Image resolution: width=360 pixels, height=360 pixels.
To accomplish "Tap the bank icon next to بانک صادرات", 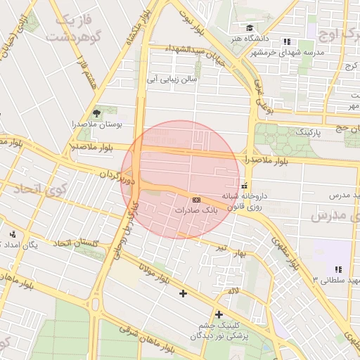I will pyautogui.click(x=195, y=200).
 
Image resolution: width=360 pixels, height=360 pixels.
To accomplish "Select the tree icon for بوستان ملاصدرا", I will pyautogui.click(x=96, y=112).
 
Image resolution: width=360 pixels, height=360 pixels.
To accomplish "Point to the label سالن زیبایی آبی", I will pyautogui.click(x=172, y=80).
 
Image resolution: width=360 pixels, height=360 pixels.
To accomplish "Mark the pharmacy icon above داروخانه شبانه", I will pyautogui.click(x=244, y=186).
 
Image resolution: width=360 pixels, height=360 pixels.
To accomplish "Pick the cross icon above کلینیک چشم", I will pyautogui.click(x=219, y=314).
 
